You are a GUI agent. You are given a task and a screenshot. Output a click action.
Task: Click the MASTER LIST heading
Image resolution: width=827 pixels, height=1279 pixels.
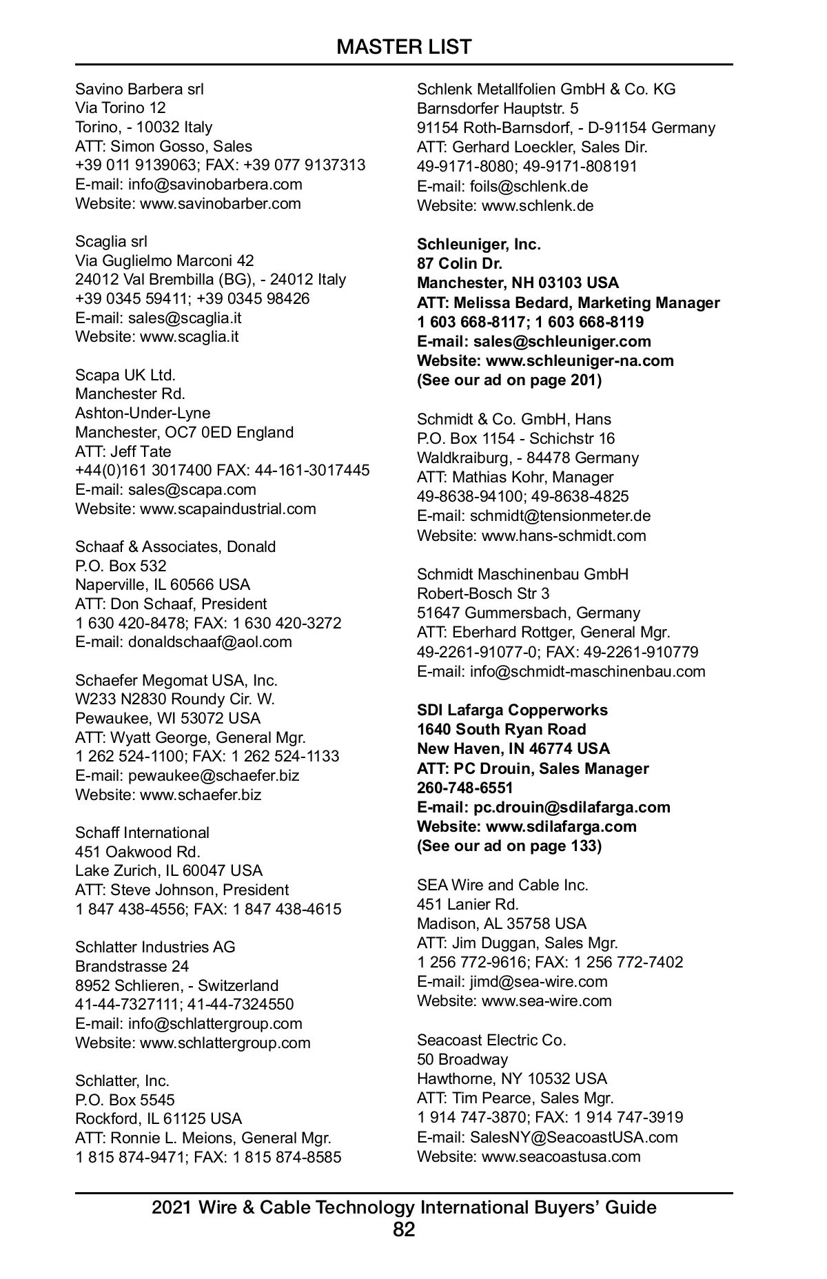pyautogui.click(x=404, y=47)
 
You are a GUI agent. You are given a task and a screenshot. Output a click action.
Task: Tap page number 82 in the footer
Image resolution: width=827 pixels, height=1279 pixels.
pyautogui.click(x=404, y=1229)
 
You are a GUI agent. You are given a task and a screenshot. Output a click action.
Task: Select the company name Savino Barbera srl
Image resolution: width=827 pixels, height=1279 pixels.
pyautogui.click(x=139, y=89)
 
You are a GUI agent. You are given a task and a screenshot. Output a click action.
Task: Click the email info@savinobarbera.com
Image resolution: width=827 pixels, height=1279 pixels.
pyautogui.click(x=215, y=184)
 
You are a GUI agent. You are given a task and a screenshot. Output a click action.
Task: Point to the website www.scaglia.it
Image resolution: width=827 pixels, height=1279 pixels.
pyautogui.click(x=190, y=337)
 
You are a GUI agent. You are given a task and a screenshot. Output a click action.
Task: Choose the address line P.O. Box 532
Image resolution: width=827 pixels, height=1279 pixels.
pyautogui.click(x=121, y=566)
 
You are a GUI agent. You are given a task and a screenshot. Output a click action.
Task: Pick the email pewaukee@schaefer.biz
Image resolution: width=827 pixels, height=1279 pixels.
pyautogui.click(x=214, y=775)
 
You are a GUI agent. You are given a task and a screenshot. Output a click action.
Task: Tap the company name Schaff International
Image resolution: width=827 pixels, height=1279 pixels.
pyautogui.click(x=142, y=832)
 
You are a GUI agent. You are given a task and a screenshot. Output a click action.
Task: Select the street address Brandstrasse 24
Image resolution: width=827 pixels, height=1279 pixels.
pyautogui.click(x=132, y=966)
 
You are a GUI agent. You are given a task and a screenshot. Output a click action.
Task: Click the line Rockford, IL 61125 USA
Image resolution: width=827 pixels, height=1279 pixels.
pyautogui.click(x=159, y=1118)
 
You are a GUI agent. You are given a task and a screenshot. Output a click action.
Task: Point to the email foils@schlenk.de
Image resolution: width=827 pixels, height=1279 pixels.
pyautogui.click(x=529, y=186)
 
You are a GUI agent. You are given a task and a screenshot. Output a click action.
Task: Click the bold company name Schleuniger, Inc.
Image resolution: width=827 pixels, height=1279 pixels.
pyautogui.click(x=479, y=244)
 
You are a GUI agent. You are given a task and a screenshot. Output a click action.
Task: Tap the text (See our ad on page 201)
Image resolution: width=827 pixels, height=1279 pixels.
pyautogui.click(x=509, y=380)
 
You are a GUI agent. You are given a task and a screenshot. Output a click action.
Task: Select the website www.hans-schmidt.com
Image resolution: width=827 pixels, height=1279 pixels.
pyautogui.click(x=564, y=535)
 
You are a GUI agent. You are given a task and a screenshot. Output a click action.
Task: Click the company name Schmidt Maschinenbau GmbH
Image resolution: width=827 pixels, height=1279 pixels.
pyautogui.click(x=522, y=574)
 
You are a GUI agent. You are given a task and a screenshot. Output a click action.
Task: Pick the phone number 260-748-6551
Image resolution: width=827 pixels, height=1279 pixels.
pyautogui.click(x=465, y=788)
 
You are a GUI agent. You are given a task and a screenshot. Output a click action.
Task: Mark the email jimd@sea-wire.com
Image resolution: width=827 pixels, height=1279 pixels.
pyautogui.click(x=538, y=981)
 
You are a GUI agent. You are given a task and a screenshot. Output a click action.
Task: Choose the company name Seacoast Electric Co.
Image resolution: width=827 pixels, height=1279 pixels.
pyautogui.click(x=491, y=1040)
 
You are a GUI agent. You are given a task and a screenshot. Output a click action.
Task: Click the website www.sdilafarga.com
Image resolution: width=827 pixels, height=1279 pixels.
pyautogui.click(x=561, y=826)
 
